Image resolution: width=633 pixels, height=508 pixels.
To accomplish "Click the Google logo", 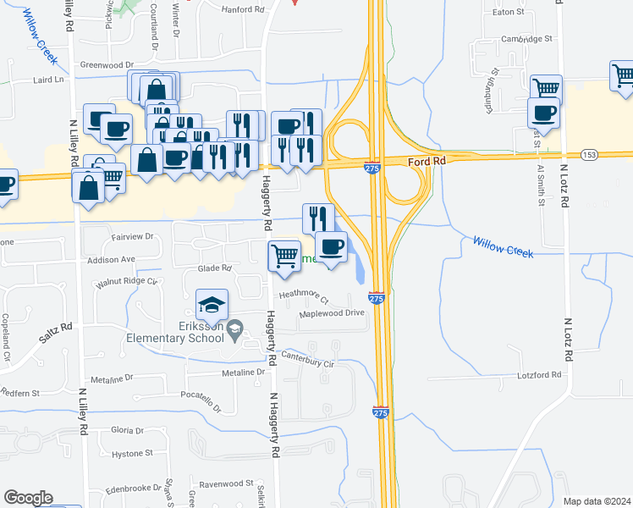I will (28, 498).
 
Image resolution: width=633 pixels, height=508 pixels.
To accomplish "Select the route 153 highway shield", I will (589, 154).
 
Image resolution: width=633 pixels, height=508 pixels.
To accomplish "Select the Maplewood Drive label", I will (332, 313).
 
